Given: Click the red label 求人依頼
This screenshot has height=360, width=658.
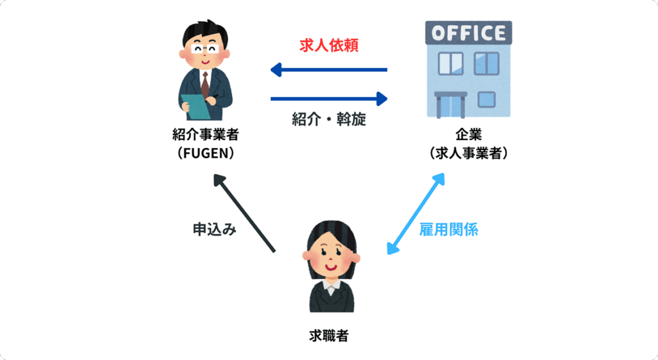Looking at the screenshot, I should [x=328, y=45].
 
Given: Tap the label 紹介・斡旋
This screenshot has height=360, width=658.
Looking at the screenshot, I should [x=328, y=120].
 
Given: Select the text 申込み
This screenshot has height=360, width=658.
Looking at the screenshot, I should [x=215, y=229].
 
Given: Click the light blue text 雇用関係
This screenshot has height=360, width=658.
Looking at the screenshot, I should [x=449, y=230].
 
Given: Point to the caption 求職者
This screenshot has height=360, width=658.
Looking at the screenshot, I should [x=328, y=335].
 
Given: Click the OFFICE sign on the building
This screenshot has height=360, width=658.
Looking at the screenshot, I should [x=468, y=32].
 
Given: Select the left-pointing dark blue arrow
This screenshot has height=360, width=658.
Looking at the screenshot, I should [x=328, y=69].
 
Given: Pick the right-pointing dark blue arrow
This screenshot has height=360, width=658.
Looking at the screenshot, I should [x=328, y=98].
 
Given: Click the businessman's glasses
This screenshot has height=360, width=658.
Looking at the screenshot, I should [x=205, y=48].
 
